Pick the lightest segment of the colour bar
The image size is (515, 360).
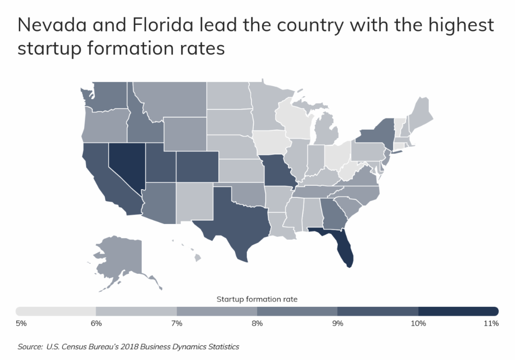click(x=56, y=311)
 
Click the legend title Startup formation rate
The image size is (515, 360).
click(x=257, y=299)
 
